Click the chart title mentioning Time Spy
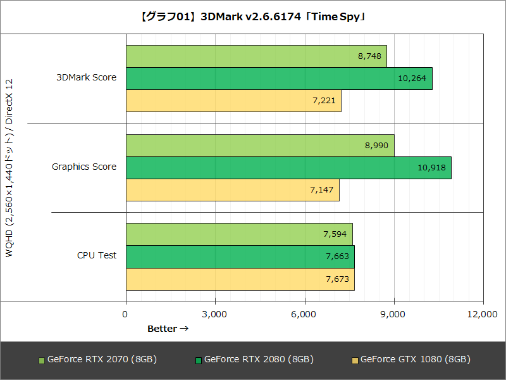[253, 17]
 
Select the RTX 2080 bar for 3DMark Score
[279, 79]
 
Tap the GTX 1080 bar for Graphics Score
[233, 190]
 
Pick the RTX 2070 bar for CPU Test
[239, 234]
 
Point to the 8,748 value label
[369, 56]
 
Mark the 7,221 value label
[324, 101]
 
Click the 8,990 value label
[377, 146]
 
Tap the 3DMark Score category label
[86, 78]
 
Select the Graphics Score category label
[84, 167]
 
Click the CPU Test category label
[96, 256]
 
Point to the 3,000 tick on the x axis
[215, 314]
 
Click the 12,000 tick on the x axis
[483, 314]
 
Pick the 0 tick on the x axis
[125, 314]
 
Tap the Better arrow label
[168, 329]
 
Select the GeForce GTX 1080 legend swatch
[355, 360]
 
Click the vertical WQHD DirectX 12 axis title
[9, 167]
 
